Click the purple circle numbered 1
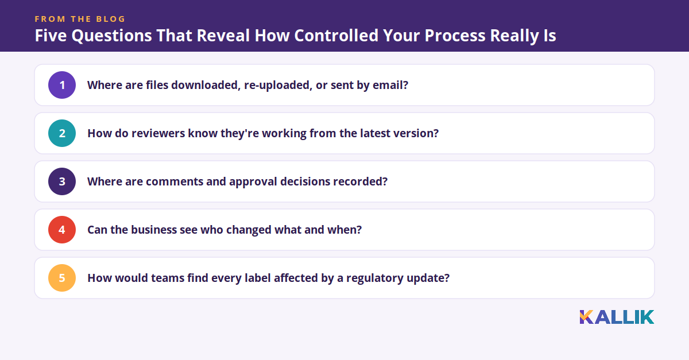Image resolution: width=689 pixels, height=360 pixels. pyautogui.click(x=62, y=85)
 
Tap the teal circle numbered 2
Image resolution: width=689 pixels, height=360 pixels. pyautogui.click(x=62, y=133)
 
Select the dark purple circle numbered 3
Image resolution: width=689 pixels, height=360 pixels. pyautogui.click(x=62, y=181)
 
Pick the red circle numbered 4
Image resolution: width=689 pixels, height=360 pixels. pyautogui.click(x=62, y=230)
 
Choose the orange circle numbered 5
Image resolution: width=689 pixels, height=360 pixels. pyautogui.click(x=62, y=278)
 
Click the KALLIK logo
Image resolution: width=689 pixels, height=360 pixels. pyautogui.click(x=617, y=318)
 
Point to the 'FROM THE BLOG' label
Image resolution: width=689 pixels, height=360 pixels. pyautogui.click(x=80, y=19)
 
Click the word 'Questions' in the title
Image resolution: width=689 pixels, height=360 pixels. pyautogui.click(x=111, y=36)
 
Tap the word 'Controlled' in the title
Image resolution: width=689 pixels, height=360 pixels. pyautogui.click(x=336, y=36)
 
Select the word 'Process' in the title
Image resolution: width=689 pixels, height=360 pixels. pyautogui.click(x=455, y=36)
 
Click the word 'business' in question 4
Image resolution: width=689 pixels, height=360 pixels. pyautogui.click(x=153, y=230)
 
